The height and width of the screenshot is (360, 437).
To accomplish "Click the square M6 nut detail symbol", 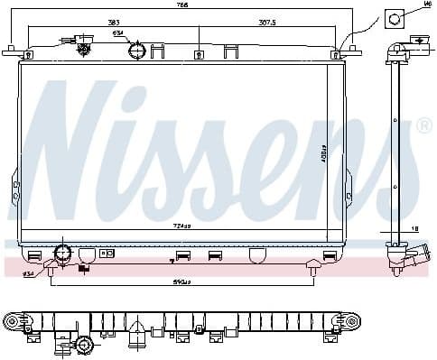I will point(395,18).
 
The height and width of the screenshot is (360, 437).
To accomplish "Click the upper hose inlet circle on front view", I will point(135,51).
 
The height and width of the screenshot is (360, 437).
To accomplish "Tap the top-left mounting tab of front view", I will point(11,51).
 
